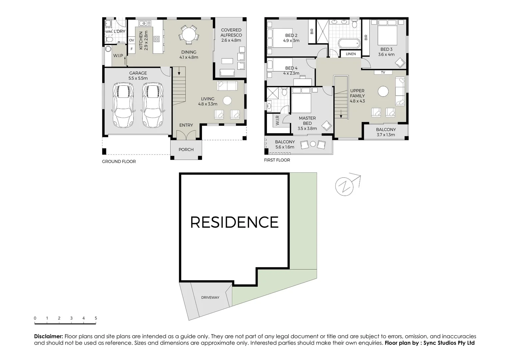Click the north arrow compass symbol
pyautogui.click(x=344, y=186)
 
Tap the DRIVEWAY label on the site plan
pyautogui.click(x=210, y=297)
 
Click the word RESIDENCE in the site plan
pyautogui.click(x=234, y=222)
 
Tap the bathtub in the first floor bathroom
pyautogui.click(x=349, y=43)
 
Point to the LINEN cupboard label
pyautogui.click(x=351, y=54)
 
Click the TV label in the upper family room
pyautogui.click(x=383, y=72)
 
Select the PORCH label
pyautogui.click(x=186, y=150)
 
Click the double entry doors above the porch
pyautogui.click(x=186, y=135)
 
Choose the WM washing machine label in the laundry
pyautogui.click(x=108, y=32)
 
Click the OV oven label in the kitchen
pyautogui.click(x=132, y=40)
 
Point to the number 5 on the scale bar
pyautogui.click(x=96, y=318)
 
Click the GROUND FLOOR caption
pyautogui.click(x=119, y=162)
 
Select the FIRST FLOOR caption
pyautogui.click(x=277, y=160)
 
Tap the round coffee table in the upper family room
pyautogui.click(x=383, y=91)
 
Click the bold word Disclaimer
pyautogui.click(x=48, y=337)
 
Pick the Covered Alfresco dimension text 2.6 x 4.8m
pyautogui.click(x=231, y=40)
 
